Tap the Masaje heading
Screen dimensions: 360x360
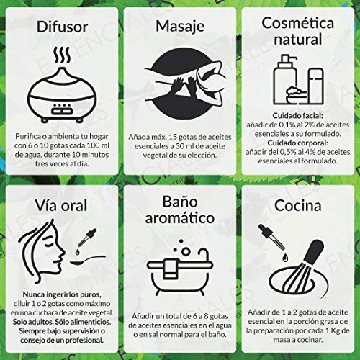(x=179, y=28)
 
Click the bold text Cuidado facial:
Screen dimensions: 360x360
(x=299, y=114)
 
